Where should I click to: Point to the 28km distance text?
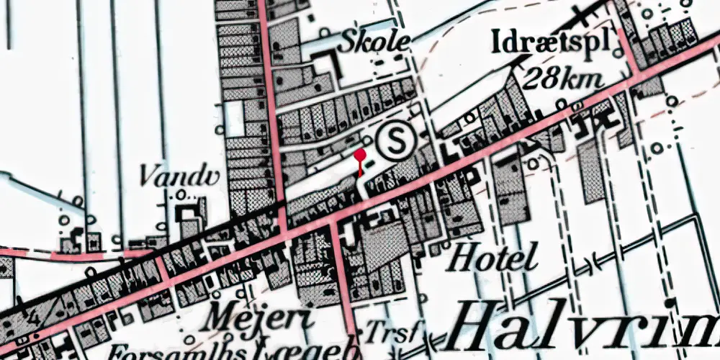[564, 78]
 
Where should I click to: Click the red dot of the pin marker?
[360, 155]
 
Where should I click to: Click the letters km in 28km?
[581, 78]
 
